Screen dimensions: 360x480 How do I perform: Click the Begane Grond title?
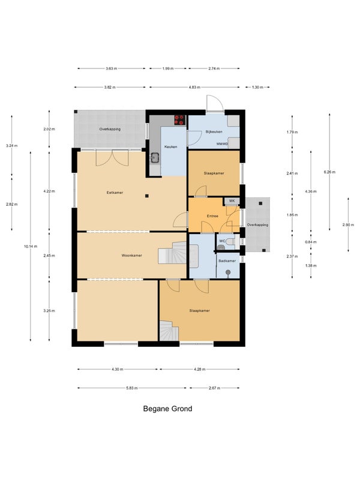pos(167,409)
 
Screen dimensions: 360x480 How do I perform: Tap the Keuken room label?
pos(170,146)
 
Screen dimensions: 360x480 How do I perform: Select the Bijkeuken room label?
pos(214,131)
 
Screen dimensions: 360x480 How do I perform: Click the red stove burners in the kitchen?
pos(179,119)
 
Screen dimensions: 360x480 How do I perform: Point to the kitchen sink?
pos(155,158)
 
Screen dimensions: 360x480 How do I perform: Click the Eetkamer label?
pos(115,193)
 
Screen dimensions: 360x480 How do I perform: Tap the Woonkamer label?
pos(131,256)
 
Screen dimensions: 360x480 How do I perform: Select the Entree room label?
pos(212,216)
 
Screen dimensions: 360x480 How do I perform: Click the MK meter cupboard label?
pos(232,201)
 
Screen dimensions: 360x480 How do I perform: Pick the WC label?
pos(222,241)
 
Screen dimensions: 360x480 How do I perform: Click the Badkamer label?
pos(227,261)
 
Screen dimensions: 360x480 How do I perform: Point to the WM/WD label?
pos(222,143)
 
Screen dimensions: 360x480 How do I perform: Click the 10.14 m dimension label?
pos(31,246)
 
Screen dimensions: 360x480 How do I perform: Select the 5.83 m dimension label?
pos(132,388)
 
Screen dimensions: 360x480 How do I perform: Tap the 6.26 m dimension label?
pos(329,172)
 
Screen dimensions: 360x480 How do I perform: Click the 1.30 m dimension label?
pos(257,87)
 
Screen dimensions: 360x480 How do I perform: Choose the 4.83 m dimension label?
pos(194,87)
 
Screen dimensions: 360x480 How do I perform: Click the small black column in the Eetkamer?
pos(147,196)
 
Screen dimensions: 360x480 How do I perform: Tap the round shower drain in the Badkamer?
pos(228,272)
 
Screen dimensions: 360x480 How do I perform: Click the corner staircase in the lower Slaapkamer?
pos(169,331)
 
